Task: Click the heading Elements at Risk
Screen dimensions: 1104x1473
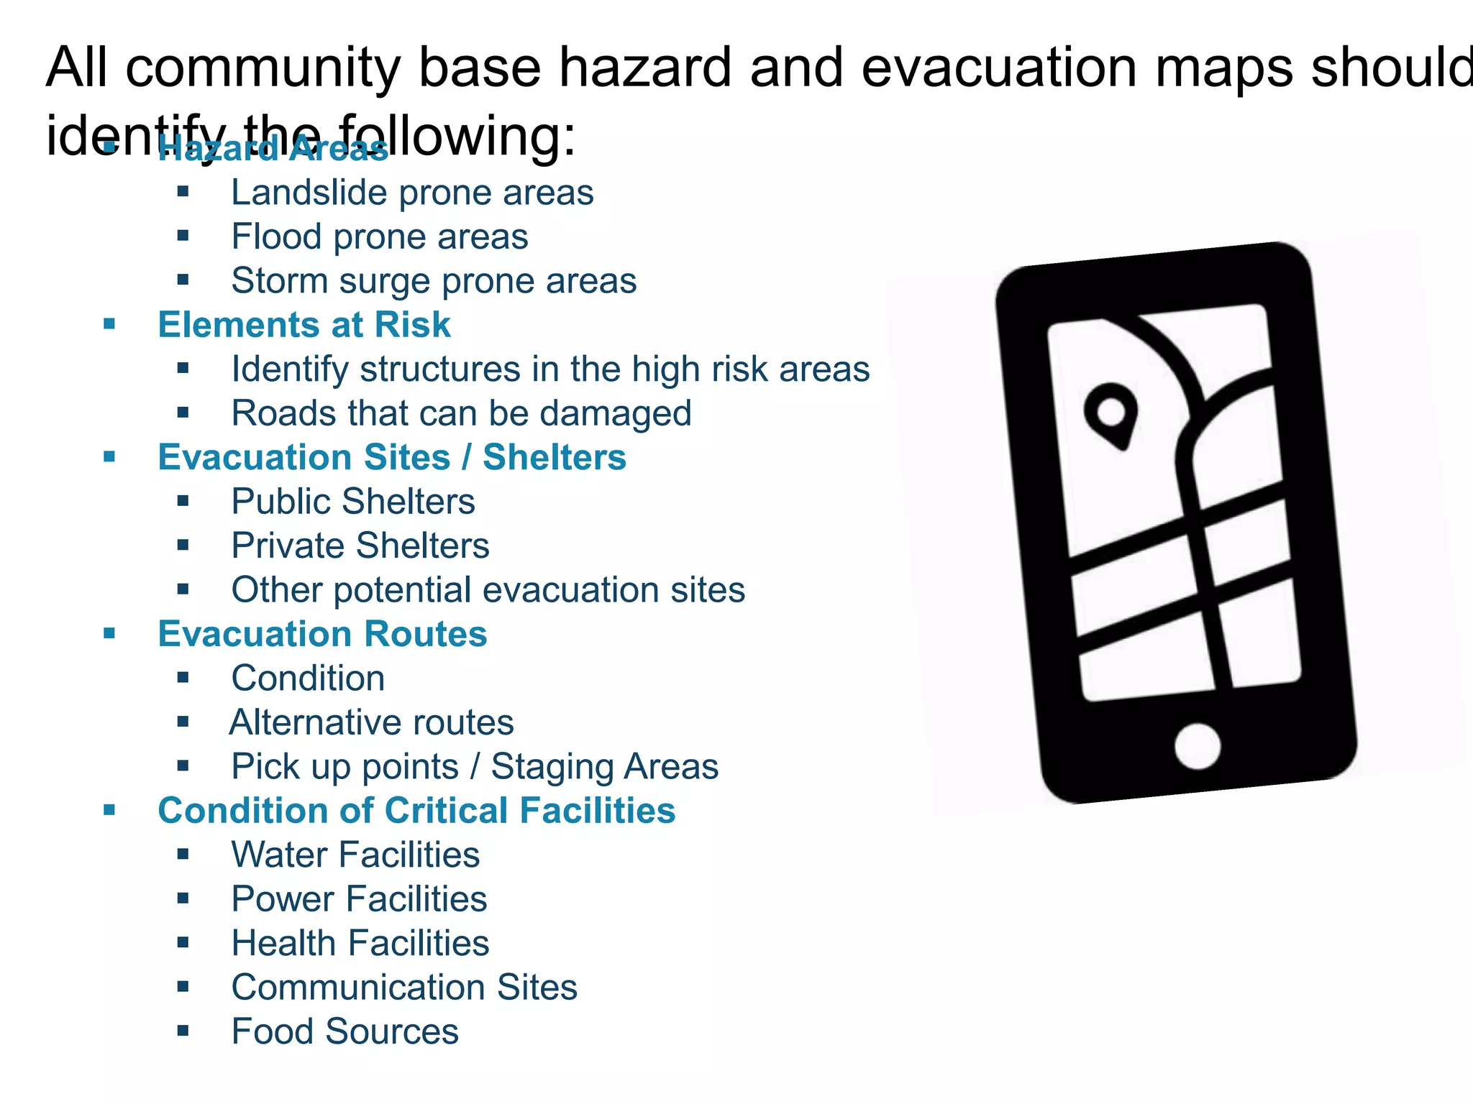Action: (304, 325)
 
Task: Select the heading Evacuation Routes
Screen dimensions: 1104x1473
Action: (322, 634)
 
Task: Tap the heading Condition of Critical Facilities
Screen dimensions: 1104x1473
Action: (416, 811)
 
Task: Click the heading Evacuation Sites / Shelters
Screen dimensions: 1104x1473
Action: (392, 458)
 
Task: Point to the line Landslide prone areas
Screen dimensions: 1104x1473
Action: (412, 193)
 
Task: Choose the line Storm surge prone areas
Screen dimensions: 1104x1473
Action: (434, 281)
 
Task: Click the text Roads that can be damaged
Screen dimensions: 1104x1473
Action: (461, 413)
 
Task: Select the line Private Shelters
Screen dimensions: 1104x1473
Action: (360, 546)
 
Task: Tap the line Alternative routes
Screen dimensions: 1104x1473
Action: (372, 722)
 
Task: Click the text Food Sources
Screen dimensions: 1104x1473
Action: (345, 1031)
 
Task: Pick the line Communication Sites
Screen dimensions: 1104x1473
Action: (404, 988)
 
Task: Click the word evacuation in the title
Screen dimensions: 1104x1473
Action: (999, 68)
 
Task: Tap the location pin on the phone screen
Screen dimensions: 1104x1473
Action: (1111, 415)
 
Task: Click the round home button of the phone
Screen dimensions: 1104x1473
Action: (1198, 746)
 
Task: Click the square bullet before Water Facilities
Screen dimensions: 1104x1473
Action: (183, 855)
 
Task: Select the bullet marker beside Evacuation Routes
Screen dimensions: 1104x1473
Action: (109, 634)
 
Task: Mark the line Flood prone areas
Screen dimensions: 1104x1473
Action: (379, 237)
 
